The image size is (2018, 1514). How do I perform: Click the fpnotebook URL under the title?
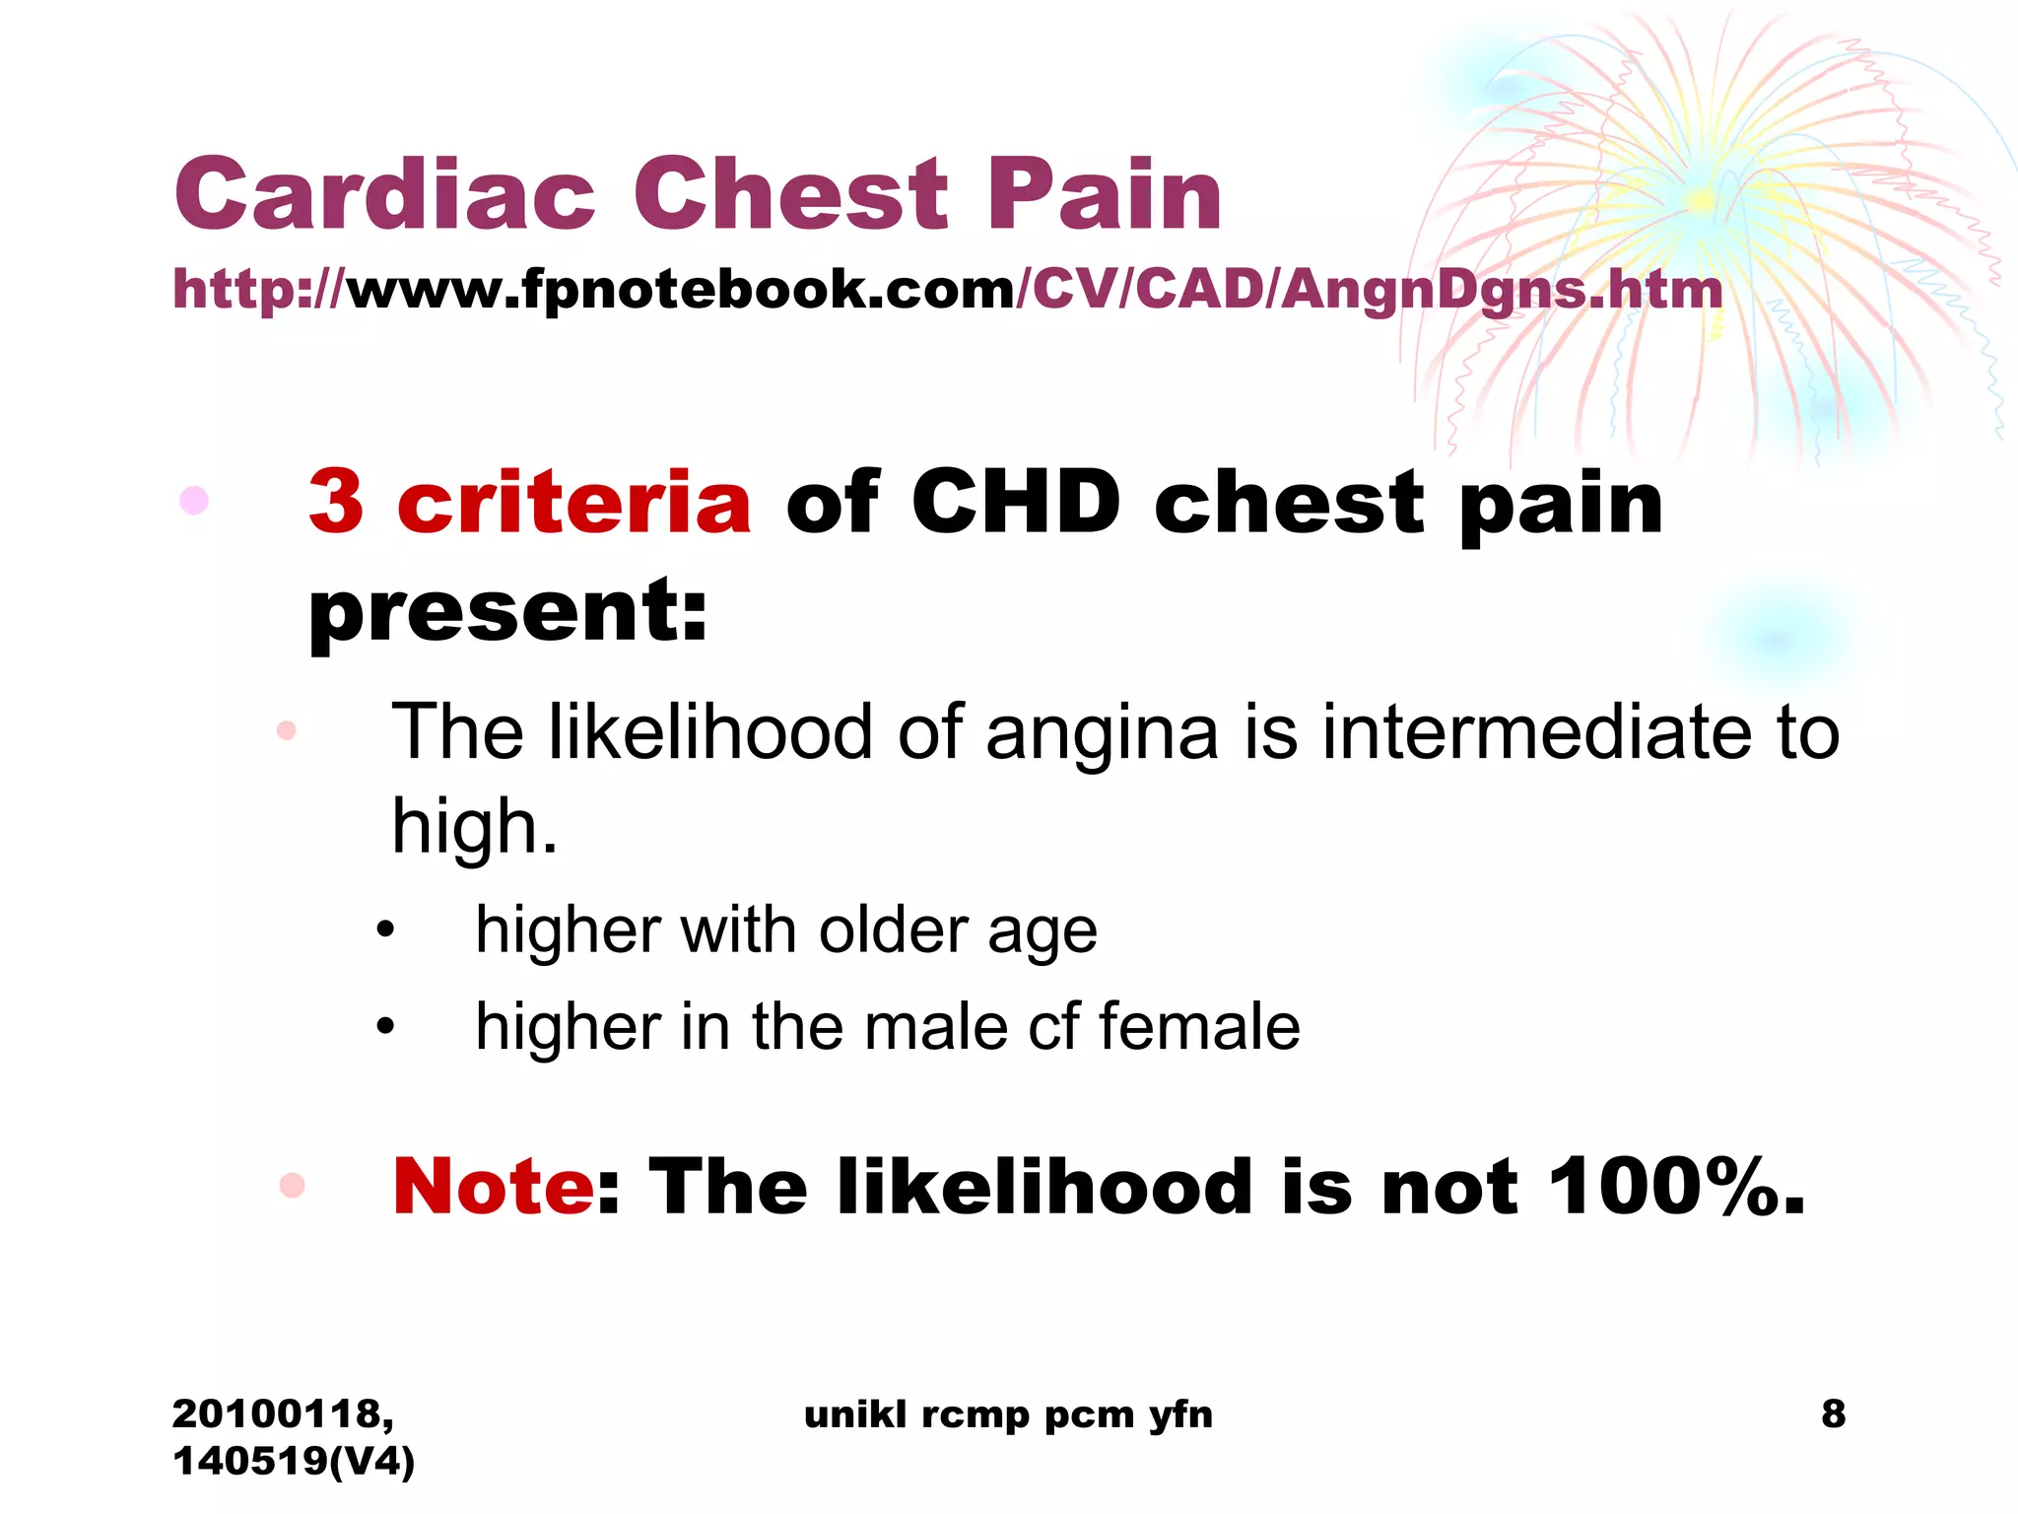coord(947,290)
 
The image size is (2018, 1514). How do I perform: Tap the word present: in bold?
coord(508,611)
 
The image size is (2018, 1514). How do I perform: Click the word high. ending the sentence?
coord(474,826)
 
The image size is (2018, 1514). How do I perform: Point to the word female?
coord(1199,1026)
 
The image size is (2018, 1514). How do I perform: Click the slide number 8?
coord(1833,1413)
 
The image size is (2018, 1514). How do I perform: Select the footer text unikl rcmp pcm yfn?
coord(1008,1414)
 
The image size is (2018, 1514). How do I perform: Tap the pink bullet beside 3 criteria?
coord(194,501)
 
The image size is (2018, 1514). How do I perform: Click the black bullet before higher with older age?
coord(385,929)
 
